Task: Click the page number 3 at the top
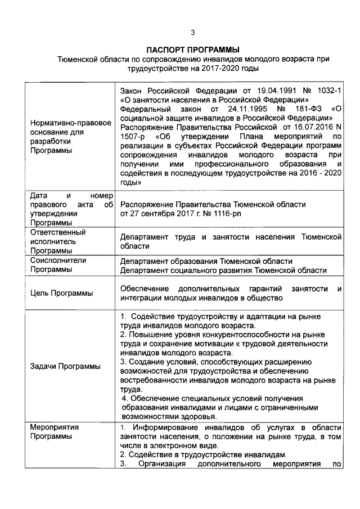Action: [x=193, y=32]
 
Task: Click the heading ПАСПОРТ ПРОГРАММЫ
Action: [x=192, y=49]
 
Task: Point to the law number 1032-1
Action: [x=326, y=92]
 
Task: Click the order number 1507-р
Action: [x=133, y=137]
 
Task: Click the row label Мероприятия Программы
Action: [x=55, y=432]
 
